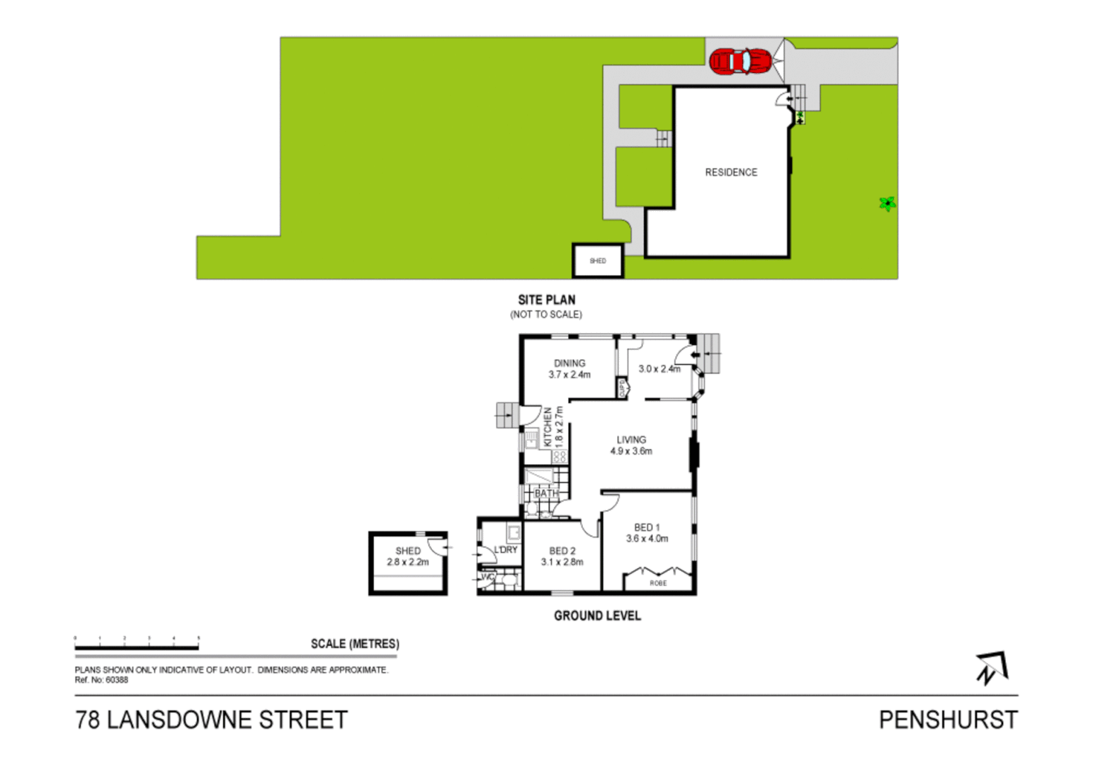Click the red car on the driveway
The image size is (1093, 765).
(740, 62)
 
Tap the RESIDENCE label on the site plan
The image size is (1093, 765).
(731, 172)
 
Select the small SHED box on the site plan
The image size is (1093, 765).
(598, 261)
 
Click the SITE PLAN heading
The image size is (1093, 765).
(546, 300)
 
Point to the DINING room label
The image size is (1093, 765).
(570, 363)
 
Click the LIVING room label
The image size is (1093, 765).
(631, 440)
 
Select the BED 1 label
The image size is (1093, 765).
(647, 528)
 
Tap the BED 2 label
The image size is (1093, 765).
(562, 551)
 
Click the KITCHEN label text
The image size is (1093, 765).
(548, 426)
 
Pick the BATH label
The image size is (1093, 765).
(546, 494)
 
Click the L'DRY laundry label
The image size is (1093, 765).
(506, 550)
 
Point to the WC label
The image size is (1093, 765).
(487, 577)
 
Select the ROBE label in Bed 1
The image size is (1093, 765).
(658, 583)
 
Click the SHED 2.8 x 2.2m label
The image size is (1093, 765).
(408, 557)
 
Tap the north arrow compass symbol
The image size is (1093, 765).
(992, 668)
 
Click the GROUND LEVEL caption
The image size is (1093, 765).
(597, 616)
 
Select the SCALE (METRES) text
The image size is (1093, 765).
(355, 644)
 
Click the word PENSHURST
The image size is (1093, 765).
(948, 720)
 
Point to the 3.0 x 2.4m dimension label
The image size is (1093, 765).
(659, 369)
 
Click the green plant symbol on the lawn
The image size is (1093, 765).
(887, 204)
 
